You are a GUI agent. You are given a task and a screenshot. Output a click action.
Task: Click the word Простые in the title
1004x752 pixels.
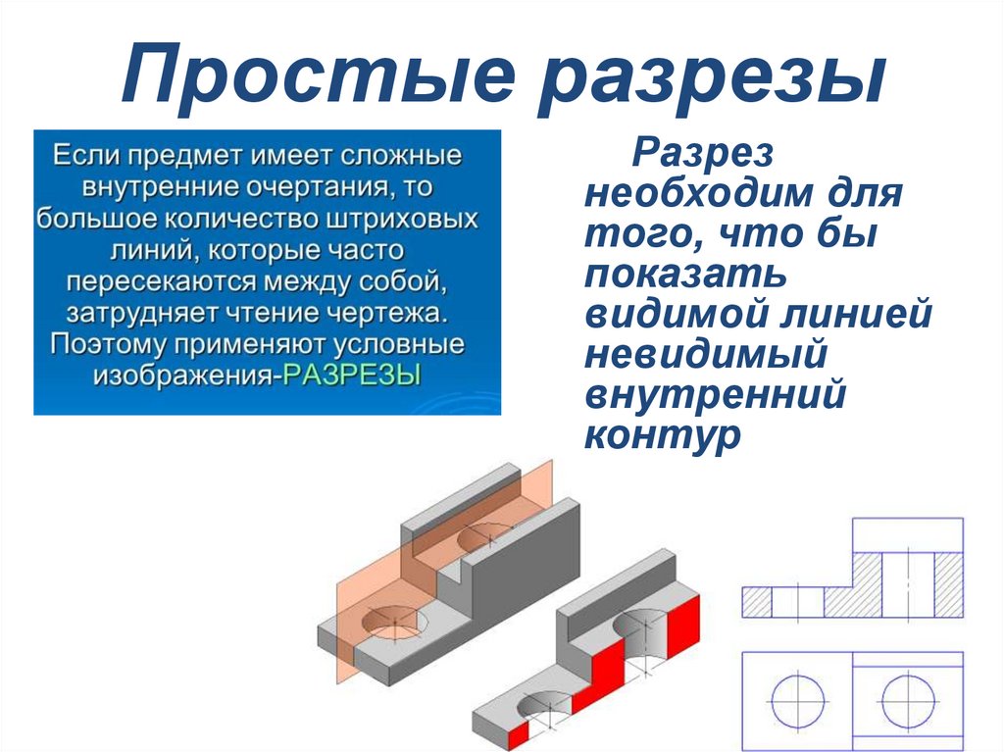(319, 75)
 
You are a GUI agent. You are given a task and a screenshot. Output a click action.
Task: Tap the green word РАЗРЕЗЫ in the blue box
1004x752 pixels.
(352, 375)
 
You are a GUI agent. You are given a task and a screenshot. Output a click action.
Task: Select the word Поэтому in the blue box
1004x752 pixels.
(109, 344)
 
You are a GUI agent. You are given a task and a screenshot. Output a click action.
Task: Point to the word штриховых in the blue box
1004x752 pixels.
(401, 219)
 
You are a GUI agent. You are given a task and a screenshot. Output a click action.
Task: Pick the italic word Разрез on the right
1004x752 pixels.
(702, 154)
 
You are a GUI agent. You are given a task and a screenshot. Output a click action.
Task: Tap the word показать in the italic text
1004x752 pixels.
(685, 274)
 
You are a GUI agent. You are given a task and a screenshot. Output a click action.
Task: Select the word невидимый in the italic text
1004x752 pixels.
(706, 354)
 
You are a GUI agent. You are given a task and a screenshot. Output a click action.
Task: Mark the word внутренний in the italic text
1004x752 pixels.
(715, 394)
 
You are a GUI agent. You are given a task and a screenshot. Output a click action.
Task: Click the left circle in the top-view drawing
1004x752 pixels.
(798, 701)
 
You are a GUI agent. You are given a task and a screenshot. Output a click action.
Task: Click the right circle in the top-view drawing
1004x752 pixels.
(908, 701)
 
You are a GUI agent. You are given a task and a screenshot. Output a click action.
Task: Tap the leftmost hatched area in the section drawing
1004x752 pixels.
(757, 602)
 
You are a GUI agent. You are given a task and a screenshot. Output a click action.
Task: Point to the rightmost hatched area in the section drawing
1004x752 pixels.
(949, 584)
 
